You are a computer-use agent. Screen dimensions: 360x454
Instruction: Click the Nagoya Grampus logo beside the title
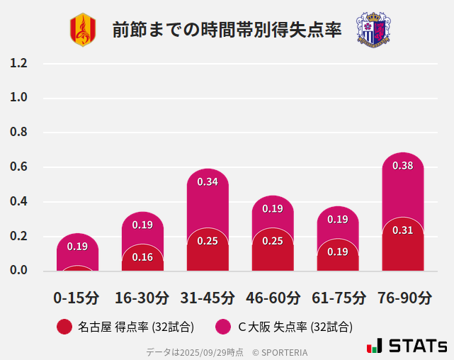pos(82,30)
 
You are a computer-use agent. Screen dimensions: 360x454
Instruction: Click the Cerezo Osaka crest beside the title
pos(373,30)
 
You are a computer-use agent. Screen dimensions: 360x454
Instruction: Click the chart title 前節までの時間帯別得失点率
pos(227,30)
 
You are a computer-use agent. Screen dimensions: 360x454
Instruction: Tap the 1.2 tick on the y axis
pos(18,63)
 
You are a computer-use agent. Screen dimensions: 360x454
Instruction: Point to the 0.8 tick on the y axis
pos(18,133)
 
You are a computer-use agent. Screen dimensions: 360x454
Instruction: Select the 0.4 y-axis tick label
pos(18,201)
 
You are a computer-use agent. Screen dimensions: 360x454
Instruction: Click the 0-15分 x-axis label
pos(77,298)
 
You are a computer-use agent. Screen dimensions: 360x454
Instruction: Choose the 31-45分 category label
pos(208,298)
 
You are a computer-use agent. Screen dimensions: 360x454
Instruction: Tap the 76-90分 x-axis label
pos(403,298)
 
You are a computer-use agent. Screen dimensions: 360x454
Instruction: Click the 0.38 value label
pos(403,166)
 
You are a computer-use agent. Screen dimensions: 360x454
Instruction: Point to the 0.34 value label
pos(208,182)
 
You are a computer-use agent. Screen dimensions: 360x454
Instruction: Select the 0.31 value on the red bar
pos(403,230)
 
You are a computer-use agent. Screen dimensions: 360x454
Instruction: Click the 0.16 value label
pos(142,257)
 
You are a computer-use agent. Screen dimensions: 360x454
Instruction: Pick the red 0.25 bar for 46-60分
pos(273,252)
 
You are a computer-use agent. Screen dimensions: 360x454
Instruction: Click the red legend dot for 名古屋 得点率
pos(64,327)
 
